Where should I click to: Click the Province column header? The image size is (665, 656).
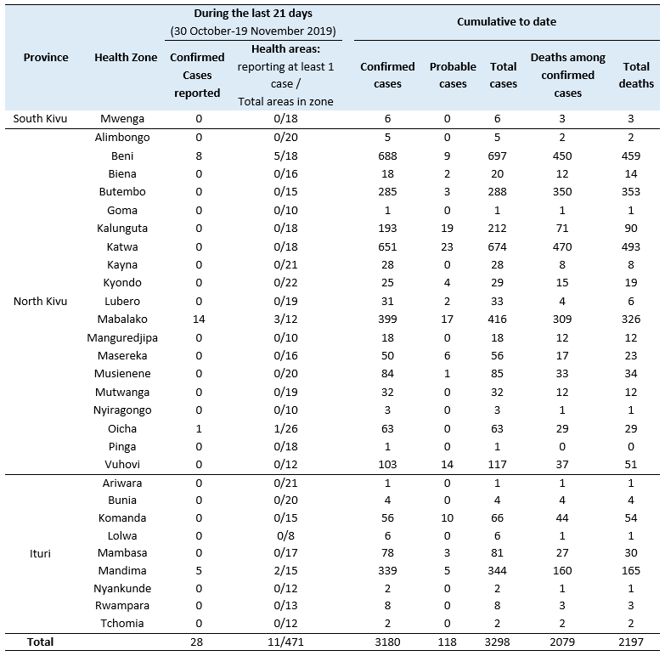pyautogui.click(x=46, y=57)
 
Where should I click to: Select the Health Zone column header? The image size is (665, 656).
pyautogui.click(x=126, y=57)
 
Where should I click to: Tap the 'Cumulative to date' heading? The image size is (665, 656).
pyautogui.click(x=506, y=21)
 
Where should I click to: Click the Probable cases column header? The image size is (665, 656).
pyautogui.click(x=453, y=75)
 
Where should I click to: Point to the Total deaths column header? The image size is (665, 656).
pyautogui.click(x=636, y=75)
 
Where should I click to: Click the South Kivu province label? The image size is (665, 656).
pyautogui.click(x=40, y=118)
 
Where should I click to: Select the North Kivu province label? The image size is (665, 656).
pyautogui.click(x=40, y=302)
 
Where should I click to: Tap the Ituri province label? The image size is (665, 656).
pyautogui.click(x=40, y=553)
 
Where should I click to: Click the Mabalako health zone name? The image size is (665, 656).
pyautogui.click(x=122, y=320)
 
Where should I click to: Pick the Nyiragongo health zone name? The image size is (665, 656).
pyautogui.click(x=122, y=410)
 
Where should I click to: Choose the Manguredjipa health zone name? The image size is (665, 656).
pyautogui.click(x=122, y=337)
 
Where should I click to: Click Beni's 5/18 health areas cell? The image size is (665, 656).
pyautogui.click(x=285, y=156)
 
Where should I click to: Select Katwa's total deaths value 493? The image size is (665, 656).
pyautogui.click(x=631, y=246)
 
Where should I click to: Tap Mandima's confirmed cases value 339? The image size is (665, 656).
pyautogui.click(x=387, y=571)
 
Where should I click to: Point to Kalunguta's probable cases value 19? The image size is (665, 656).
pyautogui.click(x=447, y=229)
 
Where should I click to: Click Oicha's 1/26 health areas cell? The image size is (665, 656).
pyautogui.click(x=285, y=428)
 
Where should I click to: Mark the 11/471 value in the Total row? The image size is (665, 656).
pyautogui.click(x=285, y=642)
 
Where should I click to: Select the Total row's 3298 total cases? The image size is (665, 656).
pyautogui.click(x=497, y=642)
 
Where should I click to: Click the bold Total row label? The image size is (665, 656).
pyautogui.click(x=40, y=642)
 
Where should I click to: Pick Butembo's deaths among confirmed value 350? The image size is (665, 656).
pyautogui.click(x=562, y=192)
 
